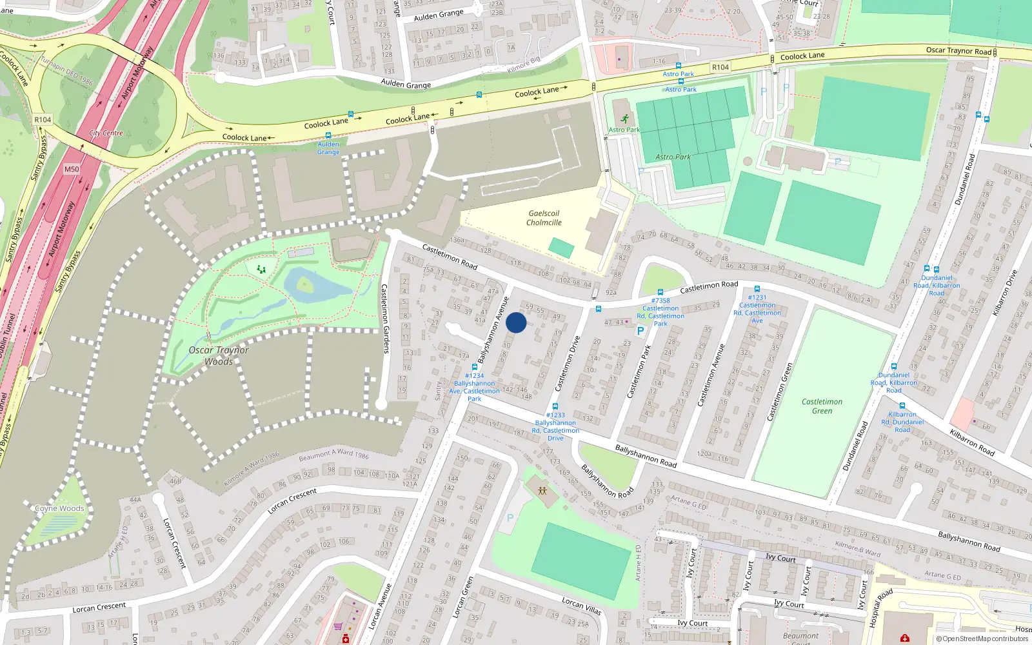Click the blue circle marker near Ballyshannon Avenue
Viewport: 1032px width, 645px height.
point(516,322)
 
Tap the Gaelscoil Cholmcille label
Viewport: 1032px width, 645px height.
point(544,218)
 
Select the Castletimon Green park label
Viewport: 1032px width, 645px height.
point(822,406)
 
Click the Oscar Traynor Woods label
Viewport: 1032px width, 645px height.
point(219,355)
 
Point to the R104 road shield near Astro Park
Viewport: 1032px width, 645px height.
point(720,67)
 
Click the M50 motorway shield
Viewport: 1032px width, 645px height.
point(72,169)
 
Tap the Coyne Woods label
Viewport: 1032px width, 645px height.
point(59,508)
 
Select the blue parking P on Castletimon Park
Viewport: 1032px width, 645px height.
point(640,331)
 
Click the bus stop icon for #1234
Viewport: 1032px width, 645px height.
point(475,367)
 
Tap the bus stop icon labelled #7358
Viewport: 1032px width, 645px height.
point(660,292)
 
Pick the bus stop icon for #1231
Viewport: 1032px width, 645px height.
point(757,289)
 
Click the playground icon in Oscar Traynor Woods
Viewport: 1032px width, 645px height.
point(261,269)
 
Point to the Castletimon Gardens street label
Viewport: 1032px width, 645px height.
point(385,319)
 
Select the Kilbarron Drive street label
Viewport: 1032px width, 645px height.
point(1004,293)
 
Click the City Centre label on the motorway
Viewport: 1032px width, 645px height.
point(106,133)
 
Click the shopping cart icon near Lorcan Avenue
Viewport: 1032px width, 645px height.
point(338,626)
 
